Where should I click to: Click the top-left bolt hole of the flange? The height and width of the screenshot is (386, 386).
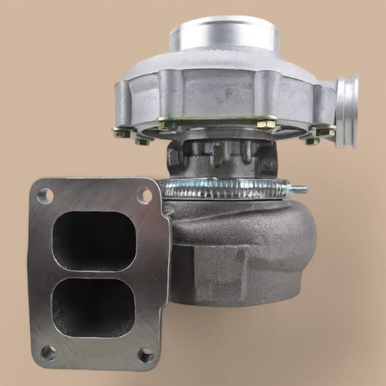tap(45, 195)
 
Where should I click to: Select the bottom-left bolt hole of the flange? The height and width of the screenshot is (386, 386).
tap(49, 351)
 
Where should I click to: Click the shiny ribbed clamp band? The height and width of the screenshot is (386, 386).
tap(226, 187)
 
